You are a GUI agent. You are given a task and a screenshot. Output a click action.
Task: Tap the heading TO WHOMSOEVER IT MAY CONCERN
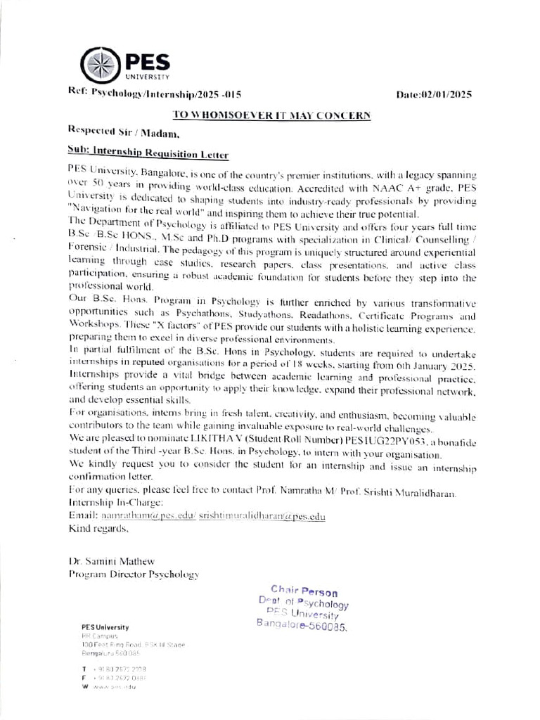pos(271,115)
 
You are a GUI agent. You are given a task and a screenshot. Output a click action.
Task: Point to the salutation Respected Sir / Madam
pos(124,131)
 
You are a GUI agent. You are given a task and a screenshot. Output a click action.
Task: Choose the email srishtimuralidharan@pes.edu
pos(262,517)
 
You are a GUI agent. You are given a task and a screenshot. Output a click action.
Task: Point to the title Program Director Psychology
pos(134,574)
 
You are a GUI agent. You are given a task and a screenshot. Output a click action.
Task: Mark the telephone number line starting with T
pos(109,668)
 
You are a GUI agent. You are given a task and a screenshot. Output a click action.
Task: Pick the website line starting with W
pos(109,686)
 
